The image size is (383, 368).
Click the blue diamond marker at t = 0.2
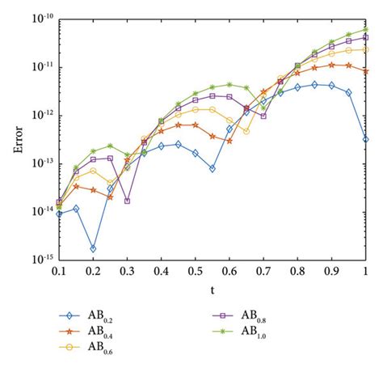93,248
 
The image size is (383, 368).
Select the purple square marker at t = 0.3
128,201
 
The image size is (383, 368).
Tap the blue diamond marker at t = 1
366,139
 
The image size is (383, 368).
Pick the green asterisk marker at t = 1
366,29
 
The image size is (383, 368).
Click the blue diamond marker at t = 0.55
213,168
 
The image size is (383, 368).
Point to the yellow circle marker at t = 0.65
246,131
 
